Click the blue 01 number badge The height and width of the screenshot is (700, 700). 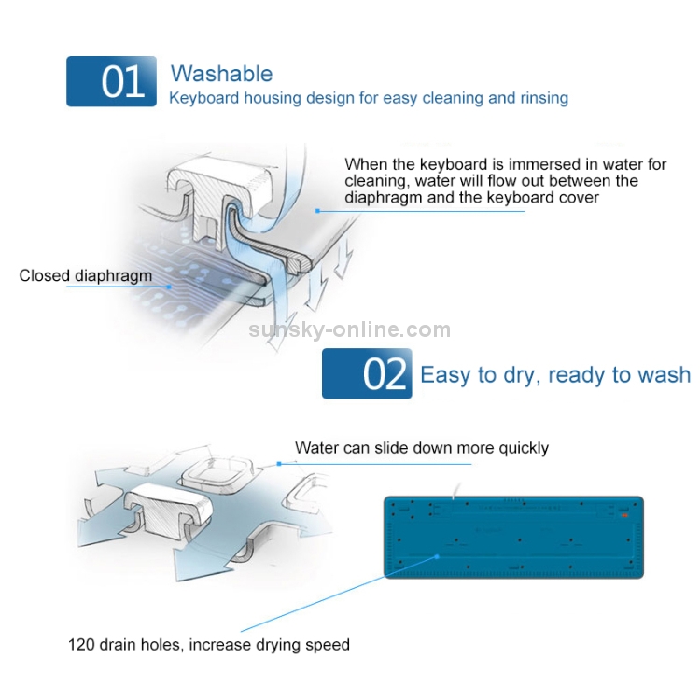pyautogui.click(x=111, y=81)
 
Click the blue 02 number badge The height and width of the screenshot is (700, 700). pyautogui.click(x=367, y=373)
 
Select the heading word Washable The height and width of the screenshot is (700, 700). pyautogui.click(x=221, y=74)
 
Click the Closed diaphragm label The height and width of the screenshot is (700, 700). pyautogui.click(x=86, y=275)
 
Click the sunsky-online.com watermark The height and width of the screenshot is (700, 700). pyautogui.click(x=350, y=329)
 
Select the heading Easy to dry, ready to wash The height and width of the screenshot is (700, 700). pyautogui.click(x=555, y=375)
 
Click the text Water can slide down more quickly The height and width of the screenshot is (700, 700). pyautogui.click(x=422, y=448)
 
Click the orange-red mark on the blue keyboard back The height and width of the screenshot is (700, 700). pyautogui.click(x=624, y=515)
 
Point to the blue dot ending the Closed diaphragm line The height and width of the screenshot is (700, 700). pyautogui.click(x=169, y=287)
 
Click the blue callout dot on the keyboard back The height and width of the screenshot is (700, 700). pyautogui.click(x=438, y=556)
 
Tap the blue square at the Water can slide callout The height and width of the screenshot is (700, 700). pyautogui.click(x=279, y=464)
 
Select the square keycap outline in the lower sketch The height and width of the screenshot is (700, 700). pyautogui.click(x=217, y=473)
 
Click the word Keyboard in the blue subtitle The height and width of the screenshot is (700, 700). pyautogui.click(x=204, y=98)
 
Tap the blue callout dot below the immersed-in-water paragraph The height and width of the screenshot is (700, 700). pyautogui.click(x=317, y=211)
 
